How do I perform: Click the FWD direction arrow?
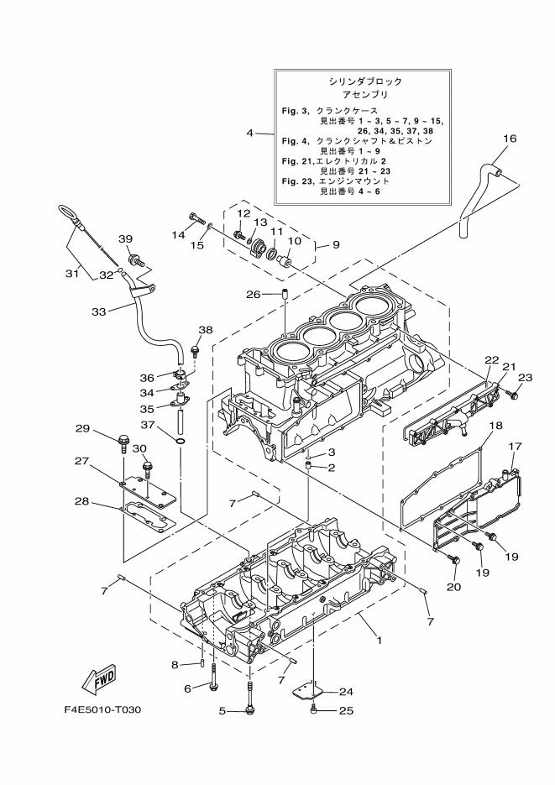coord(99,678)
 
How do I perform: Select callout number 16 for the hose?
coord(510,139)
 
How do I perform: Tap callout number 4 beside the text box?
coord(249,133)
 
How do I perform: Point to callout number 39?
coord(125,239)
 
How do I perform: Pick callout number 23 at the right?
coord(525,378)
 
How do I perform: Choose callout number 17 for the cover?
coord(514,446)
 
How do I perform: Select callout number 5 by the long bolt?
coord(223,711)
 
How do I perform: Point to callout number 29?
coord(82,429)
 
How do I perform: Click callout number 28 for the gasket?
coord(82,502)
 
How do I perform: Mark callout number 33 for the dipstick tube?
coord(98,311)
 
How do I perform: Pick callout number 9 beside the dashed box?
coord(335,245)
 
